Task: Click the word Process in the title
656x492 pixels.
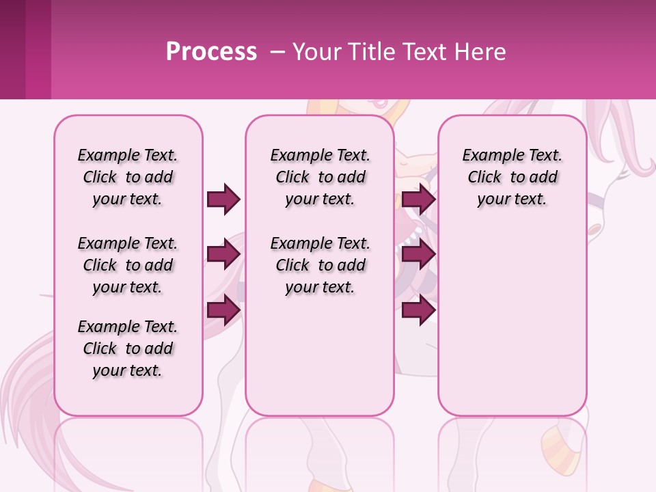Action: click(211, 51)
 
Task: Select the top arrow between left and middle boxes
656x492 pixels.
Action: click(223, 199)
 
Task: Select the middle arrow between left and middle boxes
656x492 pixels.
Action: click(223, 254)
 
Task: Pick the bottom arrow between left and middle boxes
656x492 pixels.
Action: click(223, 310)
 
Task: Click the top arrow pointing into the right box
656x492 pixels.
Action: click(418, 199)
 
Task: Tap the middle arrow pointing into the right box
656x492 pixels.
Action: click(418, 254)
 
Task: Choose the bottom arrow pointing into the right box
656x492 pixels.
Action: click(418, 310)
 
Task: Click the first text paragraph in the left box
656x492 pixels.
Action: click(128, 177)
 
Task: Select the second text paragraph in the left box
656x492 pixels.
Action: click(128, 265)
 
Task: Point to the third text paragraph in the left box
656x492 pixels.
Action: click(128, 348)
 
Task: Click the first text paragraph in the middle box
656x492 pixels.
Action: click(320, 177)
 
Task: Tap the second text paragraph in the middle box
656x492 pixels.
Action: click(320, 265)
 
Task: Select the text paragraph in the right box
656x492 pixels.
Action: click(512, 177)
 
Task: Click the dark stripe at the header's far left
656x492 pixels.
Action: click(13, 49)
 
